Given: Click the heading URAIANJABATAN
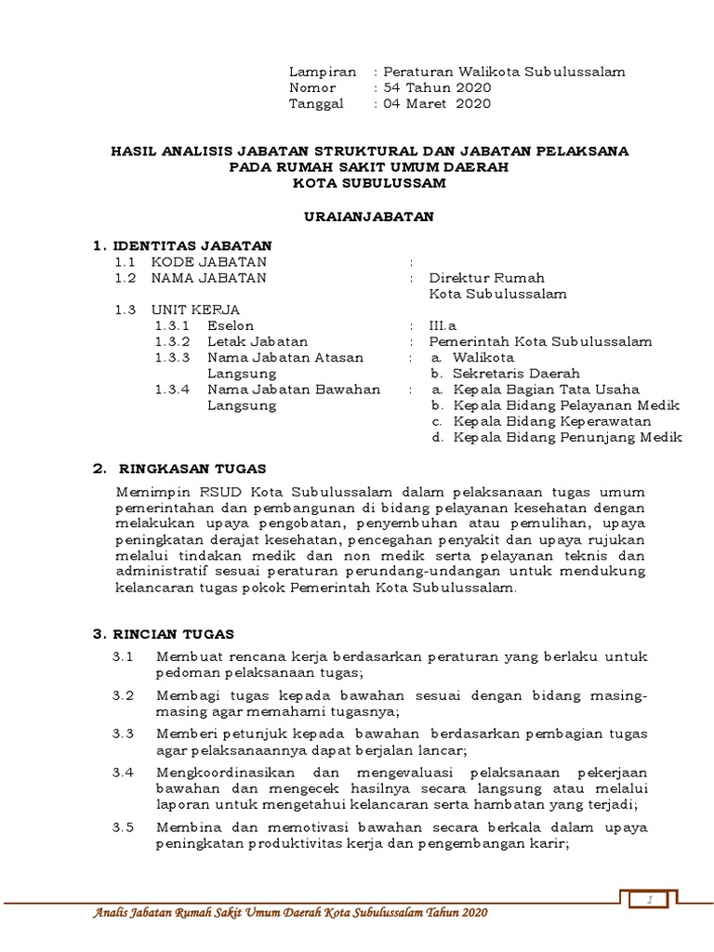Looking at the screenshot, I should [370, 216].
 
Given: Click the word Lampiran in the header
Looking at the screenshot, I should [323, 72].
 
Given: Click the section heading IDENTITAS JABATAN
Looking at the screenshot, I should [192, 245].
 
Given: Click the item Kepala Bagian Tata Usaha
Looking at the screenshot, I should [546, 390].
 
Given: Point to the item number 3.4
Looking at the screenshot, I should [124, 773].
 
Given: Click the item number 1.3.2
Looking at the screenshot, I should [172, 342].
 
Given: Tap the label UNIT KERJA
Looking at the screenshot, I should [196, 310].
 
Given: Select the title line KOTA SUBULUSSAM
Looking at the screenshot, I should [369, 183].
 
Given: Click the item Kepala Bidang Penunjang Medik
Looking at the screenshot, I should [567, 437].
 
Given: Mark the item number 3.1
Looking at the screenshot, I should [124, 657].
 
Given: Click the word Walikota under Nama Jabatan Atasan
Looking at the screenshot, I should [483, 358].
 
